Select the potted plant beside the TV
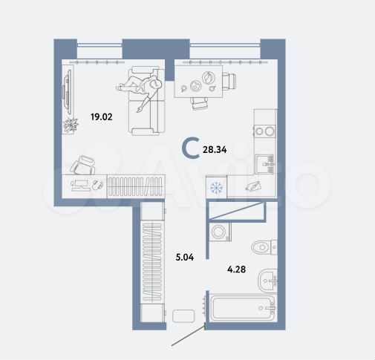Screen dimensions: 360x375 click(71, 124)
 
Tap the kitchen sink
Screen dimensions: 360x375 click(264, 162)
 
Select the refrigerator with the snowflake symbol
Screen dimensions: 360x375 click(217, 187)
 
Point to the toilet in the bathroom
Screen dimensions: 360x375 click(264, 246)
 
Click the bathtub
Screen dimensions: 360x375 click(241, 310)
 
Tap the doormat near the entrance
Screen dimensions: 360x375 click(183, 315)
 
